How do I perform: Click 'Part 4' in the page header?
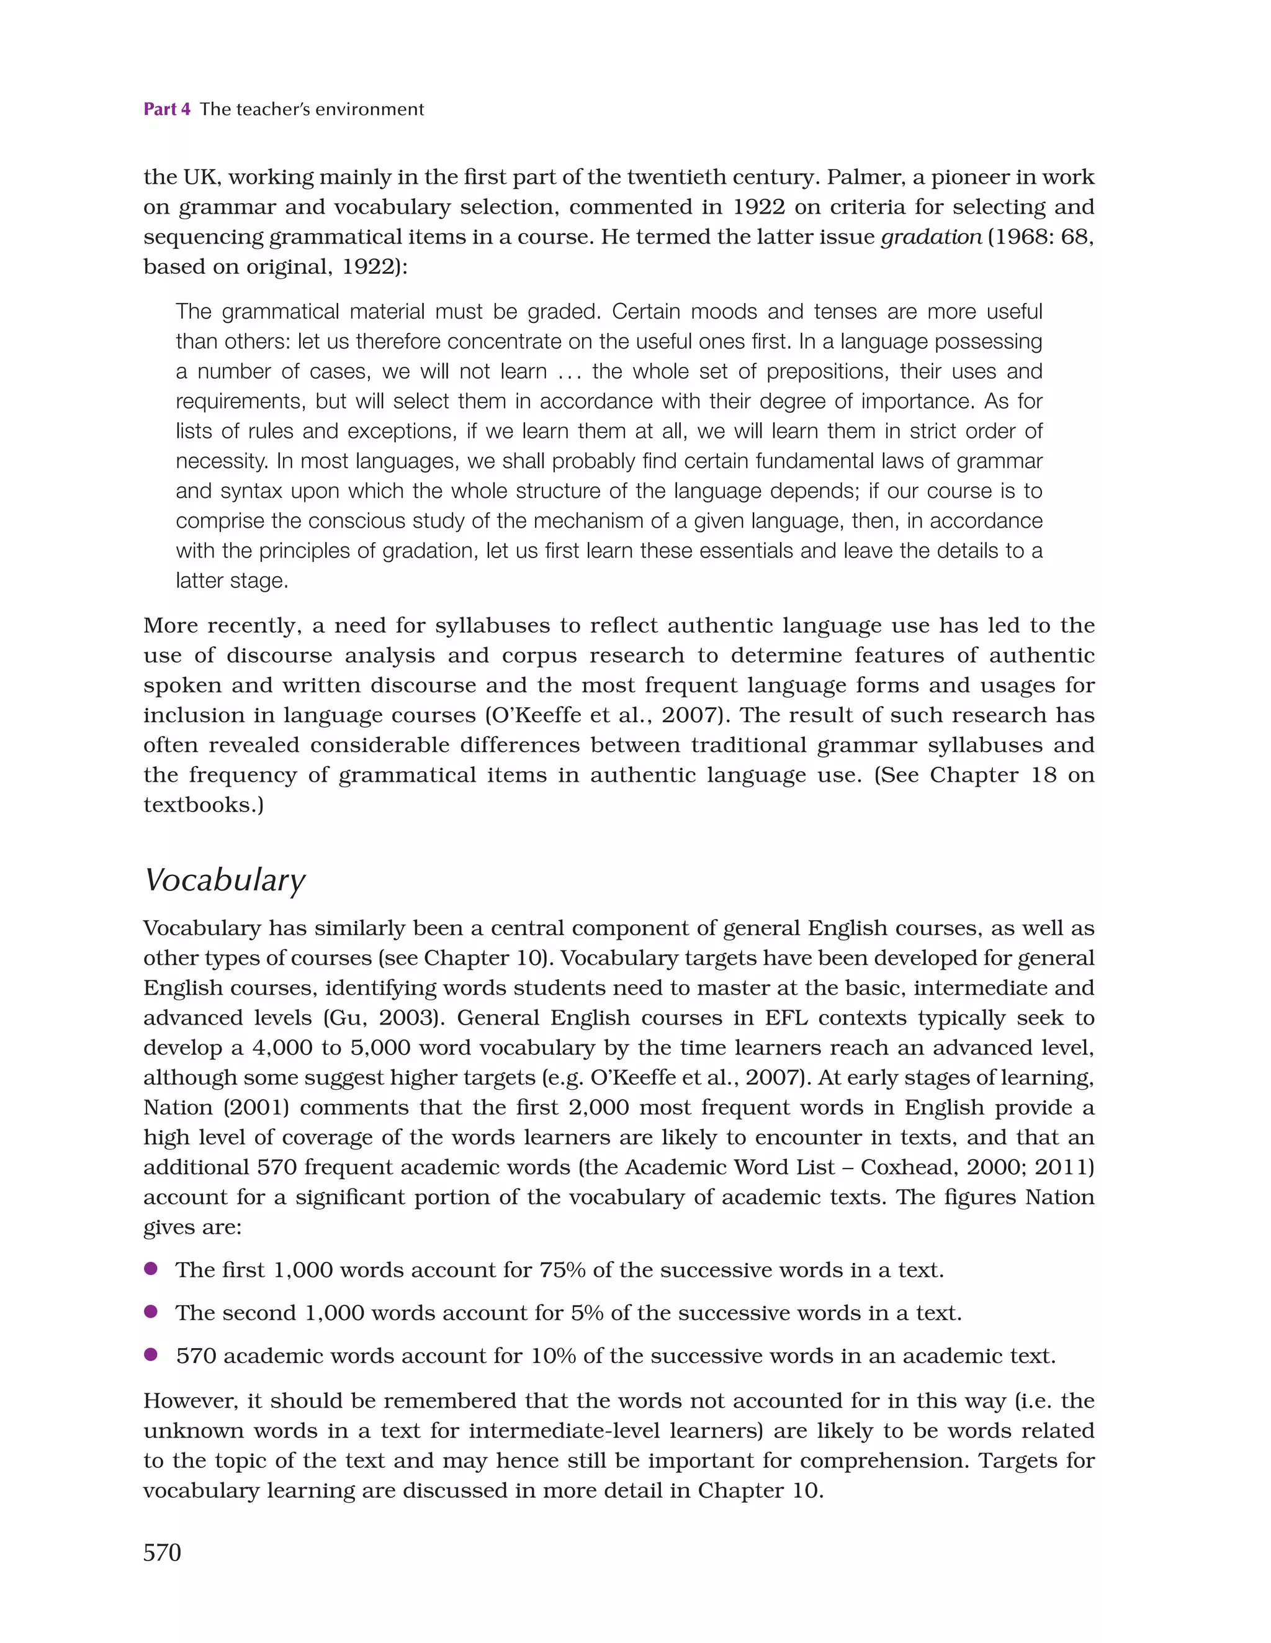point(166,109)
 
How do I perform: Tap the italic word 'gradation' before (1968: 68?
point(931,237)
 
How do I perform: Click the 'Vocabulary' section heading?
point(224,880)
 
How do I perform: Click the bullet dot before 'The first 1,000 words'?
point(150,1269)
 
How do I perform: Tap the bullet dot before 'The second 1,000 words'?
point(150,1312)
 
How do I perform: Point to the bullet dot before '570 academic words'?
point(150,1355)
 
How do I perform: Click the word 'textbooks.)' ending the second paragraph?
point(203,805)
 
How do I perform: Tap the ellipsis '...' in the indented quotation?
point(569,371)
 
